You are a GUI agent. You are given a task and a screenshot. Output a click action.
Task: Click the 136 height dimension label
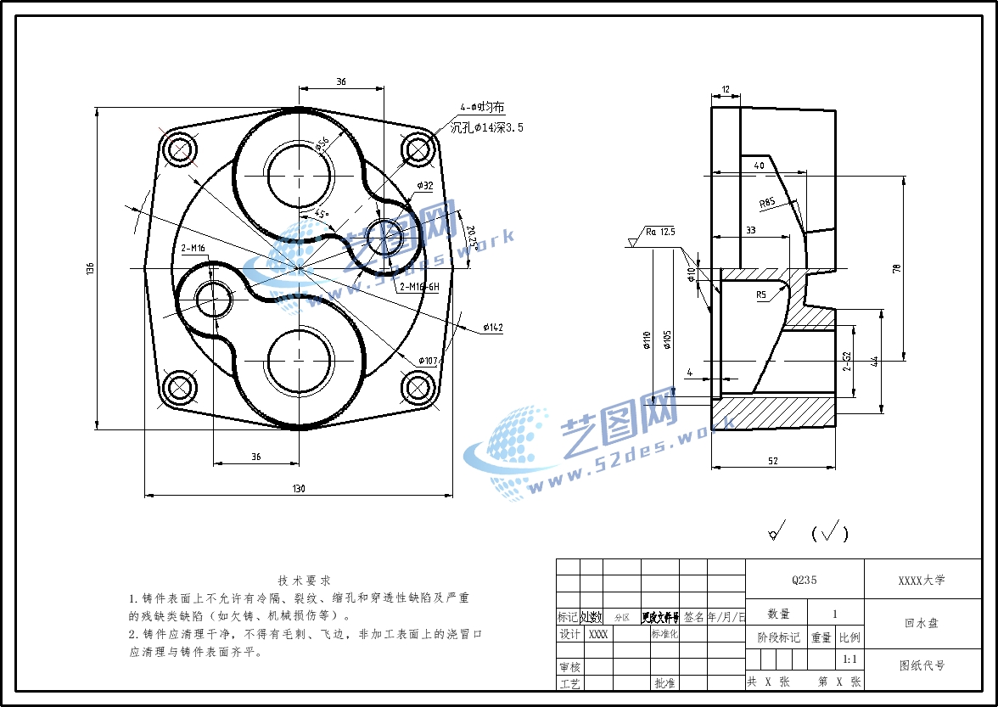90,268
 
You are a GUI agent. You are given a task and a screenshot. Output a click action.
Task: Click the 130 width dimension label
299,488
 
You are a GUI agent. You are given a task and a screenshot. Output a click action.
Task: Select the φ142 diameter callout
492,328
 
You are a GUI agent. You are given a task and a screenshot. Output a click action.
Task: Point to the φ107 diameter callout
426,361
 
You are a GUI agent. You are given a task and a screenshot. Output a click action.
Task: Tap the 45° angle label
322,215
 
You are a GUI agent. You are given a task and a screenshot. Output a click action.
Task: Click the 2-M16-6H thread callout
418,287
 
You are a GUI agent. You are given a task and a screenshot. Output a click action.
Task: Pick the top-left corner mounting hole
181,149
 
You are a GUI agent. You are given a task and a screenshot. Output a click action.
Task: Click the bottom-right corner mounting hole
418,387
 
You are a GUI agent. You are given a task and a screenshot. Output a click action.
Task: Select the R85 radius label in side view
768,202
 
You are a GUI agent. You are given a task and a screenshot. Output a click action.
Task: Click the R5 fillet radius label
761,295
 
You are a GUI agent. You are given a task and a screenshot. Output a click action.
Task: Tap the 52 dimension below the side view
772,461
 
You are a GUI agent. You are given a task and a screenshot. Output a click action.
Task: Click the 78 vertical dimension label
896,268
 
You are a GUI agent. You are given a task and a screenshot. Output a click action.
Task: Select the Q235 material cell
804,581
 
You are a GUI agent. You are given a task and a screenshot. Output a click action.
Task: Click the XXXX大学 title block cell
922,581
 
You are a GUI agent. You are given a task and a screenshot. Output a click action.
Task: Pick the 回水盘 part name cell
922,623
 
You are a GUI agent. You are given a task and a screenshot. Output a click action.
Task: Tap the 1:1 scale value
849,659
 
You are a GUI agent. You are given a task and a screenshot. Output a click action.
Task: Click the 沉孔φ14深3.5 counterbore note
486,127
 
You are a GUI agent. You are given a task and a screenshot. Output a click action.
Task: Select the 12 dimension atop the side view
726,89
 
